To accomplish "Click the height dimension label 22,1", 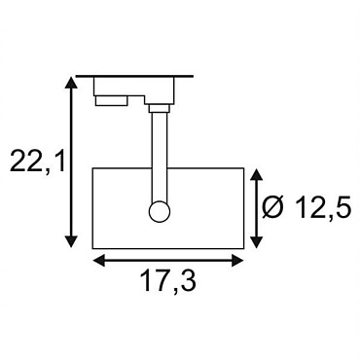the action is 38,161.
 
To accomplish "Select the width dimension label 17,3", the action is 168,280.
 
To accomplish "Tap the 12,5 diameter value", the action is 323,207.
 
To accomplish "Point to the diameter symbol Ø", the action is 273,207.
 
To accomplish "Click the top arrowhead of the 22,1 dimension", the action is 71,83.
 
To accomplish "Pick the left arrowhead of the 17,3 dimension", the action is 99,260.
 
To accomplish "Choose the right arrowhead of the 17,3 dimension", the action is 237,260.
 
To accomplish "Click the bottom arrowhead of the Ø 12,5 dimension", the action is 257,242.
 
